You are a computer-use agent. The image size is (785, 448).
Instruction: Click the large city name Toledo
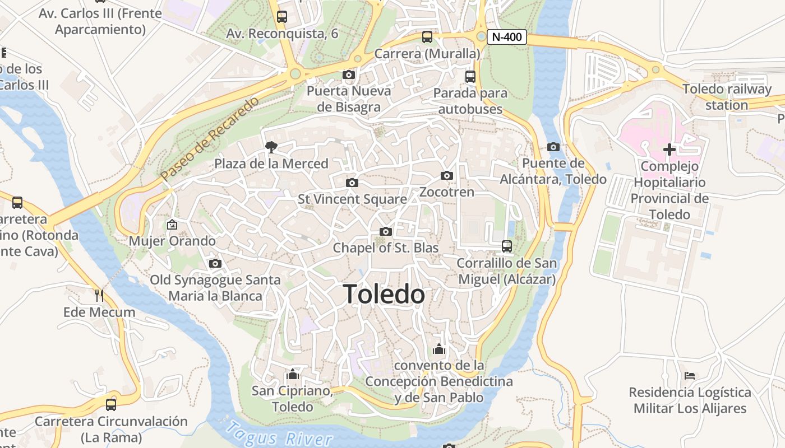(384, 294)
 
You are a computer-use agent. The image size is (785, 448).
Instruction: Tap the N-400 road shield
(507, 38)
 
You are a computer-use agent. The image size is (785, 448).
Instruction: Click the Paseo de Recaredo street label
(210, 138)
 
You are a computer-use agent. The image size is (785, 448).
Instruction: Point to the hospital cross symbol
(669, 150)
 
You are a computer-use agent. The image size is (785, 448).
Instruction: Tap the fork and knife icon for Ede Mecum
(99, 295)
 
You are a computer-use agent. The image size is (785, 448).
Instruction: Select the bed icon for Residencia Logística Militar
(690, 375)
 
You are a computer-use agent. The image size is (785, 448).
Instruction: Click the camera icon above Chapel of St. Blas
(385, 231)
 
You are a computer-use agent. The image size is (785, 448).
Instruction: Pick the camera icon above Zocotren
(447, 175)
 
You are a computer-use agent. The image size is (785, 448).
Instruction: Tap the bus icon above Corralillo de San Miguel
(507, 246)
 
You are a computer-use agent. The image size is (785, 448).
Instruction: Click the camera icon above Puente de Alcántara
(553, 147)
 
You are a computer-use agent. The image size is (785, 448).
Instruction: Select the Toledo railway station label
(727, 97)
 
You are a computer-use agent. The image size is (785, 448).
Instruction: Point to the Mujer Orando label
(172, 241)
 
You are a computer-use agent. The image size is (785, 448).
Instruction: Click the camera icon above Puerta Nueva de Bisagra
(348, 74)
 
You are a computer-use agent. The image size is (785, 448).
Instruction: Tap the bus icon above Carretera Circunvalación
(111, 404)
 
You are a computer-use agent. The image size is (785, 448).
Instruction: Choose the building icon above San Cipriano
(292, 374)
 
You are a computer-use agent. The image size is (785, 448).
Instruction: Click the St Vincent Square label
(352, 199)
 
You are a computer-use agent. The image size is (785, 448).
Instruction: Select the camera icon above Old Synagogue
(215, 263)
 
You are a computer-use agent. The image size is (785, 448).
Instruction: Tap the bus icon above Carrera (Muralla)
(427, 37)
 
